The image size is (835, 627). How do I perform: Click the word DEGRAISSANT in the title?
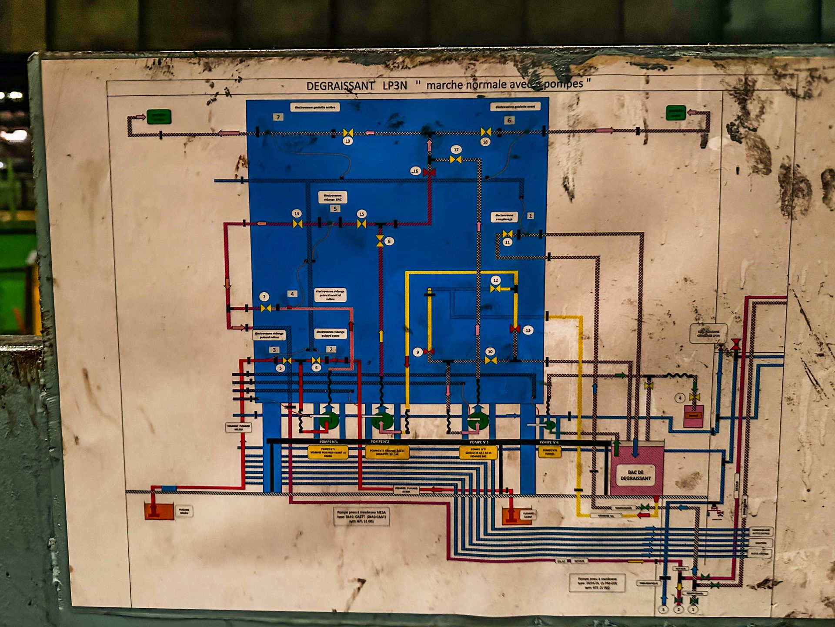click(x=340, y=86)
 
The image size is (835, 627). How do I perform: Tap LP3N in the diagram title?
click(x=394, y=85)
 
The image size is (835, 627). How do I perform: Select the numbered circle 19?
click(x=347, y=141)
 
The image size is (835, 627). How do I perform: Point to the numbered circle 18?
click(x=485, y=142)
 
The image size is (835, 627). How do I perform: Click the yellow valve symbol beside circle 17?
click(x=455, y=160)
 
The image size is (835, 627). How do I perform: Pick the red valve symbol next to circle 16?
click(x=429, y=173)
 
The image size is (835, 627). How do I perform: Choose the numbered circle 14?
click(x=297, y=213)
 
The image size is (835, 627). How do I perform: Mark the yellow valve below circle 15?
click(x=361, y=224)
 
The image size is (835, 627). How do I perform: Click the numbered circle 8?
click(x=389, y=241)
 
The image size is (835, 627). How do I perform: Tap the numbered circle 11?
click(x=507, y=242)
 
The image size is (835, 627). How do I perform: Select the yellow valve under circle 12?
click(x=495, y=289)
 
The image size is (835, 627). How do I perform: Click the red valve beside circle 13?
click(x=515, y=329)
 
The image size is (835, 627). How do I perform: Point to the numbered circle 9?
click(x=417, y=352)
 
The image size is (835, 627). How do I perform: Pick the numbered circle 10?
click(x=490, y=351)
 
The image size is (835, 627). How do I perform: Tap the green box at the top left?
click(x=159, y=117)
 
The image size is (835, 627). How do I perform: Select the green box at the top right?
click(x=675, y=113)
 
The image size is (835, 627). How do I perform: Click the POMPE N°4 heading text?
click(x=549, y=442)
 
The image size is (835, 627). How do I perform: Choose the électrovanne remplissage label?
click(x=504, y=217)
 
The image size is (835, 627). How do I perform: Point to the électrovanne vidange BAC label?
click(x=333, y=197)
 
